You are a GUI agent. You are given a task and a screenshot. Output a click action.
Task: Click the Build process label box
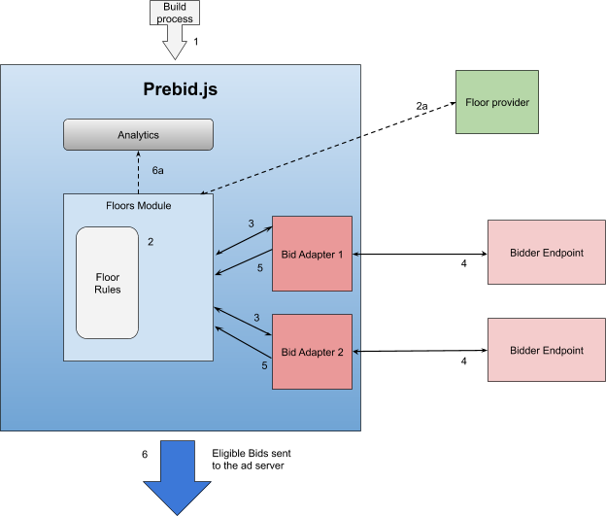tap(174, 14)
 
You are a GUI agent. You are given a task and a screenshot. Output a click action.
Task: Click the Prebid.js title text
tap(181, 91)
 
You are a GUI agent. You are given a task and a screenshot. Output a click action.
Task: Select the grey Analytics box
tap(138, 135)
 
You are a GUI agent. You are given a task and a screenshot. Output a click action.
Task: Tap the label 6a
tap(158, 170)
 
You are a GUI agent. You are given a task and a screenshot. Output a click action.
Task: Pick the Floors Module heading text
tap(138, 205)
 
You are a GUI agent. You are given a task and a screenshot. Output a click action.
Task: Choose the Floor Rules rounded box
tap(107, 282)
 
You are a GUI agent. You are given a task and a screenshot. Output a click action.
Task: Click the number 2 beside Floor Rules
tap(151, 241)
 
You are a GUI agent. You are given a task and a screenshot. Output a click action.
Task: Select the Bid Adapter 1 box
tap(312, 253)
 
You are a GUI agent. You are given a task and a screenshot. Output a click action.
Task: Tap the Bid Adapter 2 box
tap(312, 351)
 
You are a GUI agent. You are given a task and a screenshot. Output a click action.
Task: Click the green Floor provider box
tap(497, 102)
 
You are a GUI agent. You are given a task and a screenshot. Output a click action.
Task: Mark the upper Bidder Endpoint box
tap(546, 253)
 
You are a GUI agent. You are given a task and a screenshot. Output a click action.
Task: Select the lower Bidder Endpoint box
tap(546, 350)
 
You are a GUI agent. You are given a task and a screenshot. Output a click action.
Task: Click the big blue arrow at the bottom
tap(178, 475)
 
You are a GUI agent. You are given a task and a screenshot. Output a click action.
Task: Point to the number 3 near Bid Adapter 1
tap(251, 224)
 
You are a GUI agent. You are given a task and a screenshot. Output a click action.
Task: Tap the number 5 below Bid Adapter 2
tap(264, 365)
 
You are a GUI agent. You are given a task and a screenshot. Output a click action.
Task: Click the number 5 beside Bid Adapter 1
tap(260, 267)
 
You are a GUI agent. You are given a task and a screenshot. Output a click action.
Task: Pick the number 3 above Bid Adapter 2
tap(256, 318)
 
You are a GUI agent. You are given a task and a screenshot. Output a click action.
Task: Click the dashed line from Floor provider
tap(282, 165)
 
